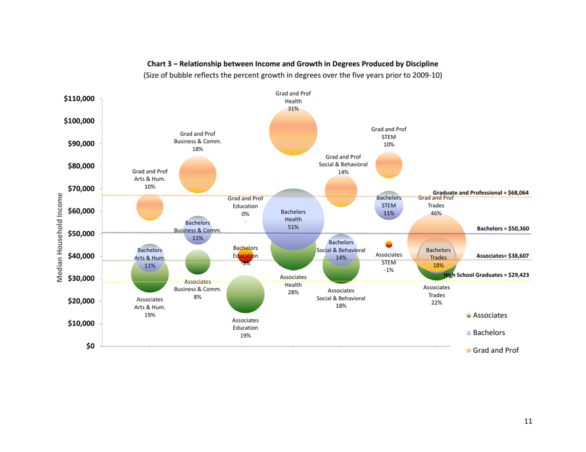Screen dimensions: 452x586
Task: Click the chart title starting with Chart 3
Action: pos(293,64)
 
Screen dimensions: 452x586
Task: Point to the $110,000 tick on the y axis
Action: pos(80,99)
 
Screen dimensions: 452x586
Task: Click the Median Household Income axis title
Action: pos(60,237)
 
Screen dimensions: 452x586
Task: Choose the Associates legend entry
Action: pos(490,315)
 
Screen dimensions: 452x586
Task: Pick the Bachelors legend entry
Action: pos(489,333)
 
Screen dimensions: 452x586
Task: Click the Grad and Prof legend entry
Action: pos(492,350)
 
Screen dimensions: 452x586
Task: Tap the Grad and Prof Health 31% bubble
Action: pos(293,131)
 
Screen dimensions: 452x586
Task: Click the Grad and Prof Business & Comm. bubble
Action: pos(197,175)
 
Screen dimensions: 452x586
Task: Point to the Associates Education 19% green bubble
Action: pos(245,295)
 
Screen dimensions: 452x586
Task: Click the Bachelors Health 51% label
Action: pos(293,220)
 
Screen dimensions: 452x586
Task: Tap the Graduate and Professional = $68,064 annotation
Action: pos(481,193)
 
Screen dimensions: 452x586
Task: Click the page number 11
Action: pos(527,421)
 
